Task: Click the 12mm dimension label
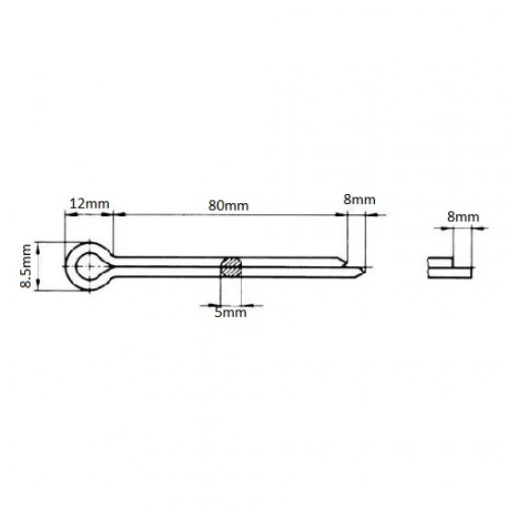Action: coord(90,204)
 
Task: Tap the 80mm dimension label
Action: coord(228,205)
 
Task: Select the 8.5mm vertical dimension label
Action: coord(26,266)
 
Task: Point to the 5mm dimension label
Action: coord(230,312)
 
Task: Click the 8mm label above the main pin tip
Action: coord(359,200)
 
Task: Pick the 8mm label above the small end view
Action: coord(463,217)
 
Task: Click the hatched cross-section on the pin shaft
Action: coord(231,267)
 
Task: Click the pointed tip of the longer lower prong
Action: coord(364,269)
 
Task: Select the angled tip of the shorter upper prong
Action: coord(345,261)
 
